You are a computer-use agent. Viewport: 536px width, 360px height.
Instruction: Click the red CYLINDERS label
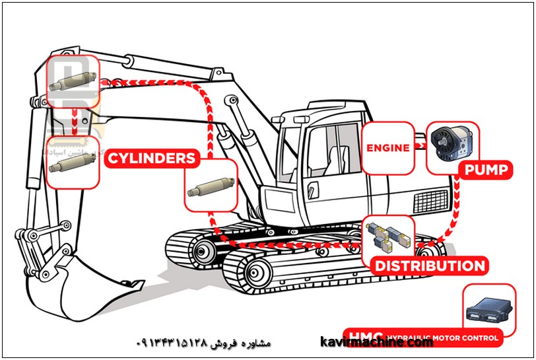point(152,159)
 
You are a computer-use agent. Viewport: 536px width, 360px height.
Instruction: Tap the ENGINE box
point(387,148)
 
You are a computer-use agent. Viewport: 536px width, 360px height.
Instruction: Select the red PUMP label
point(486,170)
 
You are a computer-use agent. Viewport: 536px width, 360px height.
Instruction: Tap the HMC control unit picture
point(490,310)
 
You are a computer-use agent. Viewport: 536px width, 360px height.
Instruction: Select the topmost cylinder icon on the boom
point(73,82)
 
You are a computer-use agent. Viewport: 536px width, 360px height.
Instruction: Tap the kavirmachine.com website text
point(376,342)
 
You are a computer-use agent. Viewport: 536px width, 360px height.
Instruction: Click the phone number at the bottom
point(173,343)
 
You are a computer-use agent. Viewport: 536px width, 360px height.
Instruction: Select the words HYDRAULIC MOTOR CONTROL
point(442,338)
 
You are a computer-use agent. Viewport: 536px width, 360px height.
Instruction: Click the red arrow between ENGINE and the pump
point(419,147)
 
